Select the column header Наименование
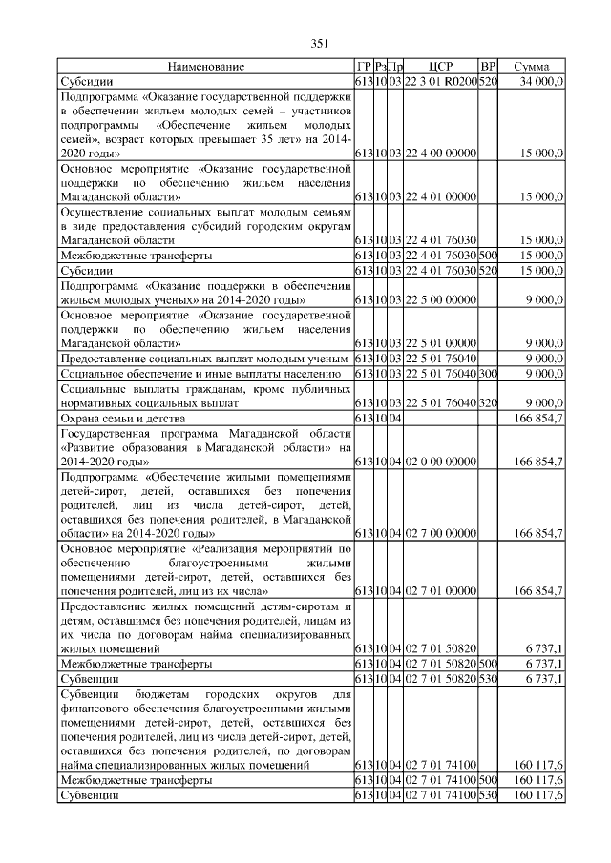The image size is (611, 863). click(205, 67)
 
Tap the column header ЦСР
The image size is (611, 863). click(440, 67)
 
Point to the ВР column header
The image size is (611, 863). click(488, 67)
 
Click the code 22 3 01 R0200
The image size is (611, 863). click(440, 82)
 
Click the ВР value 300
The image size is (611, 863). click(488, 373)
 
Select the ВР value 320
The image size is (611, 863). click(488, 402)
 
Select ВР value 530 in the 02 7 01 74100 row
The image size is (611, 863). click(488, 794)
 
